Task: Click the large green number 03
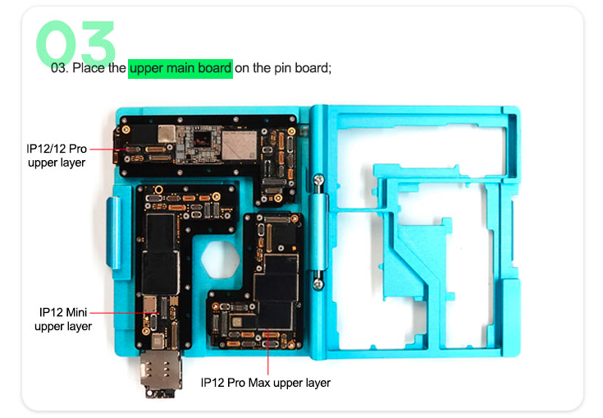[x=75, y=43]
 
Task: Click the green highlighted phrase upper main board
[x=180, y=68]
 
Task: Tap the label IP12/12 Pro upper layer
[x=57, y=155]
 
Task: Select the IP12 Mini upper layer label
[x=63, y=319]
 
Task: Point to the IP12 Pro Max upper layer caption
[x=265, y=383]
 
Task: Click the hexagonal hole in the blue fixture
[x=221, y=259]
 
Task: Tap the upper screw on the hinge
[x=318, y=179]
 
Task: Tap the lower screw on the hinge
[x=318, y=284]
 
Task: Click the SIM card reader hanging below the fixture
[x=161, y=374]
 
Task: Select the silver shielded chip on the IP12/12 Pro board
[x=240, y=145]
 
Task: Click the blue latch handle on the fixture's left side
[x=114, y=232]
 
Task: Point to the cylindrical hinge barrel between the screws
[x=319, y=232]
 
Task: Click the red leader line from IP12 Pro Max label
[x=267, y=351]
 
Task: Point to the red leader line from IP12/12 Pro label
[x=110, y=149]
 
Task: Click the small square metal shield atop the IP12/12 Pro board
[x=167, y=134]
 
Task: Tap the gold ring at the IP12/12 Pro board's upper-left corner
[x=126, y=130]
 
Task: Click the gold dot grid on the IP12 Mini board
[x=174, y=301]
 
